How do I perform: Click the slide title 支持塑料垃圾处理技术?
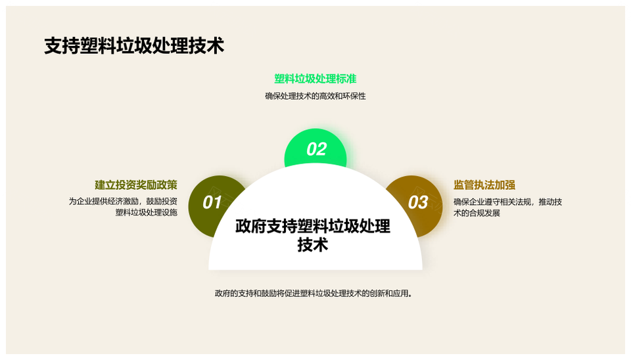click(x=134, y=46)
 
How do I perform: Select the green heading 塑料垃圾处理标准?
click(x=315, y=79)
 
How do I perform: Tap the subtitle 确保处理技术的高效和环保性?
click(x=315, y=96)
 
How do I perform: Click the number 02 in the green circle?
click(x=316, y=149)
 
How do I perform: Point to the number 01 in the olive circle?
click(x=212, y=202)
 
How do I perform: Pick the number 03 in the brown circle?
click(x=418, y=202)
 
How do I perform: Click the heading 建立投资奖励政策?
click(x=136, y=185)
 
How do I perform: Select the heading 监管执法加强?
click(x=484, y=185)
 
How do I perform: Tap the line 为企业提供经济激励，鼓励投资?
click(x=123, y=201)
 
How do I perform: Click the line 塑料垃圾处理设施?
click(x=147, y=212)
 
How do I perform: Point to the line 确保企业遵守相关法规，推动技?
click(x=508, y=202)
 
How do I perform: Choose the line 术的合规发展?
click(x=477, y=214)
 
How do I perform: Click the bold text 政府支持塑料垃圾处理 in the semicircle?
click(x=313, y=227)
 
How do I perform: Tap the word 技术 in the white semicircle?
click(x=313, y=244)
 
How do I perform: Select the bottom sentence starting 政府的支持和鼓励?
click(x=314, y=294)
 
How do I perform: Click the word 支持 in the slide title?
click(x=62, y=46)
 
